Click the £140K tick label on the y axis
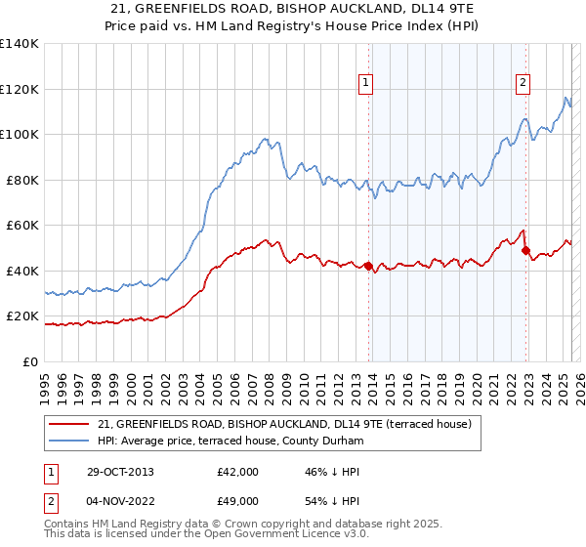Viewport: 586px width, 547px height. (20, 44)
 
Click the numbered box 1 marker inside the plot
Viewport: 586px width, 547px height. (365, 84)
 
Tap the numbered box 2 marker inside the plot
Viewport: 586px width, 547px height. (523, 84)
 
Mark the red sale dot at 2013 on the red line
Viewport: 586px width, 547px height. (368, 266)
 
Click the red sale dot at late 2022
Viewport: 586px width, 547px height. (525, 250)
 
